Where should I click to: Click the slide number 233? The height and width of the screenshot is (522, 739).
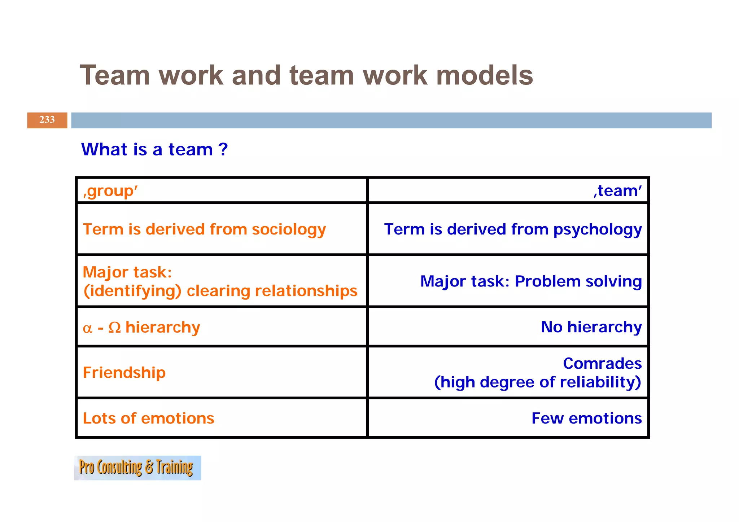coord(47,120)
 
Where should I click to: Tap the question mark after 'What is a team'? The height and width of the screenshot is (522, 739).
coord(223,149)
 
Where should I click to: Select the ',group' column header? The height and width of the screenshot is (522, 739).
coord(110,191)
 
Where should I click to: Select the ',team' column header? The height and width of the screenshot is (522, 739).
coord(618,191)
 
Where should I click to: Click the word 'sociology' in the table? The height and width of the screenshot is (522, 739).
coord(289,229)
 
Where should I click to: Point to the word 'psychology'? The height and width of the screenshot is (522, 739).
coord(598,229)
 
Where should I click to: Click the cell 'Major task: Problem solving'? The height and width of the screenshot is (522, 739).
coord(531,281)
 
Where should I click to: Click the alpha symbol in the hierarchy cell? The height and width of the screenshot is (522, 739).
coord(87,328)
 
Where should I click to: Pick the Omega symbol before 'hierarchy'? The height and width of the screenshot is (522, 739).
coord(114,328)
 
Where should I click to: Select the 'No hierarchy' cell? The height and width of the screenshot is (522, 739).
coord(591,327)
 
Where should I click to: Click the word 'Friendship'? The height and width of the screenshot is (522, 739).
coord(124,372)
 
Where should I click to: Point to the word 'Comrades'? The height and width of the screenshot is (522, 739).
coord(602,363)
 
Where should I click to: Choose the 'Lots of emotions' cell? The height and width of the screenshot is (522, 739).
coord(148,418)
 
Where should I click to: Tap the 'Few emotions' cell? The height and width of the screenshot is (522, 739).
coord(586,418)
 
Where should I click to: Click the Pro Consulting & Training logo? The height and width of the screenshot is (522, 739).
coord(137,468)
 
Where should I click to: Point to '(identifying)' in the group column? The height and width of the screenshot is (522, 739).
coord(132,291)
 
